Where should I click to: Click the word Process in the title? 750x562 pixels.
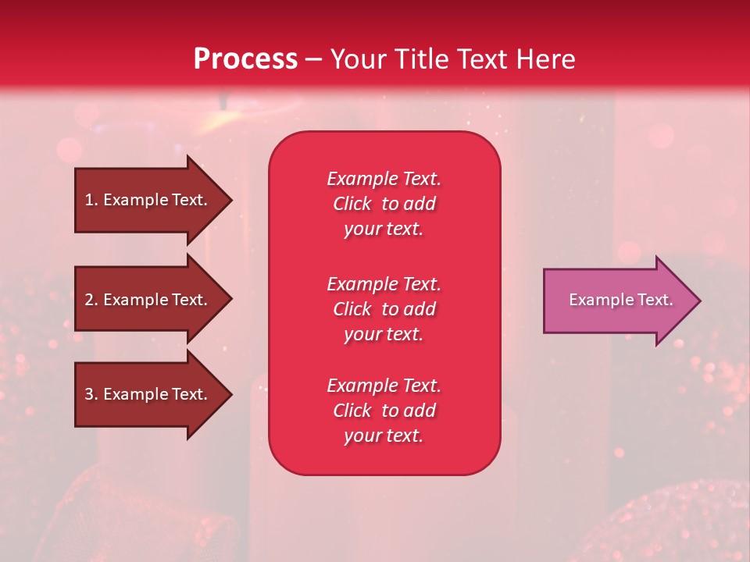(x=245, y=59)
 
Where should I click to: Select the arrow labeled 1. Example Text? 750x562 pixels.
(x=148, y=200)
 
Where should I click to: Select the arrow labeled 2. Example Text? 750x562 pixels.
(x=148, y=300)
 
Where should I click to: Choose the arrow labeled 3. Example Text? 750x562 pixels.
(x=148, y=394)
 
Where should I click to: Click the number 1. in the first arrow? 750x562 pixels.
(x=91, y=200)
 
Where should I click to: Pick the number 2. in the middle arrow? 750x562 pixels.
(x=91, y=300)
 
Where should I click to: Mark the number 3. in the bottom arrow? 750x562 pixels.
(x=91, y=394)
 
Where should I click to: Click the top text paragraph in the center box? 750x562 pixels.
(x=384, y=204)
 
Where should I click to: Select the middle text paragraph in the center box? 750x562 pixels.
(x=384, y=309)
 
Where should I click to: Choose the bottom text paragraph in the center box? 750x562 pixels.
(x=384, y=411)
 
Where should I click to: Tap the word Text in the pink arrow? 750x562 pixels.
(x=655, y=300)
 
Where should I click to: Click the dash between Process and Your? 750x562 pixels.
(x=313, y=59)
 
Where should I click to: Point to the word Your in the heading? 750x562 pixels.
(x=356, y=59)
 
